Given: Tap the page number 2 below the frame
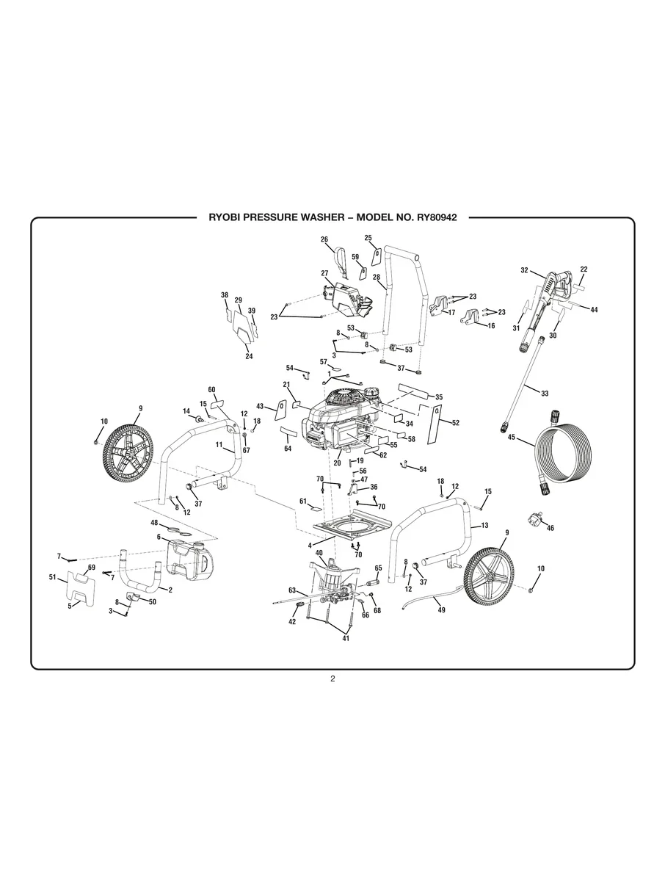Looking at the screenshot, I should (332, 678).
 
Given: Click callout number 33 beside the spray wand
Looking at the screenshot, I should (544, 394).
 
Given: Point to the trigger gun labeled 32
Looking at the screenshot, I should (554, 282).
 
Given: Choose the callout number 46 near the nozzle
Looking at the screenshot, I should (550, 528).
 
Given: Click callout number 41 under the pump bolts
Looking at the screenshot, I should (346, 638).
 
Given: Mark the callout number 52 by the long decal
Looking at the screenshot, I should (455, 423).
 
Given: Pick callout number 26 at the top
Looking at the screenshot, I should (324, 239).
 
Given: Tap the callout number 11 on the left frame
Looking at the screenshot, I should (219, 445).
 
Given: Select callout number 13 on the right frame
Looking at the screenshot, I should (484, 526).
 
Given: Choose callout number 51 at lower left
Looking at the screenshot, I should (52, 578).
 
